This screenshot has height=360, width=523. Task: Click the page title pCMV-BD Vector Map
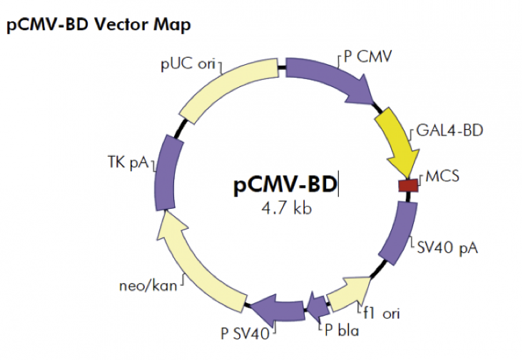click(98, 26)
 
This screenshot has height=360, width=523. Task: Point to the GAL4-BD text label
click(441, 133)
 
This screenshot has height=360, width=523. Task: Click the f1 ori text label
click(384, 312)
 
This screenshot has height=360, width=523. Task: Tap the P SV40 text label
click(245, 332)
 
